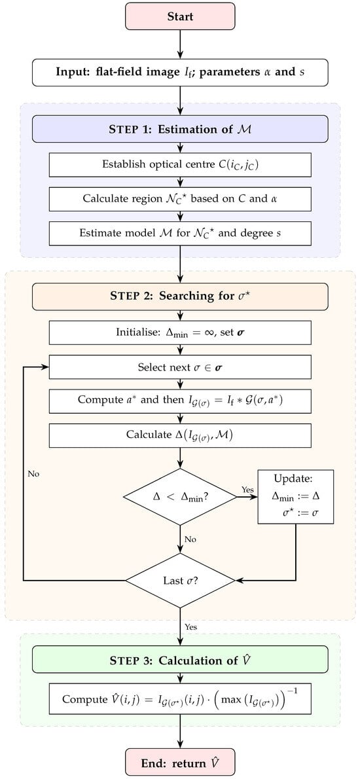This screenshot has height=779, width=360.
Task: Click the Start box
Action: (180, 17)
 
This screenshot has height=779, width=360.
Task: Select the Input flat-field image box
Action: (180, 71)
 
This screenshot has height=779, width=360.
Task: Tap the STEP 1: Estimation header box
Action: (180, 129)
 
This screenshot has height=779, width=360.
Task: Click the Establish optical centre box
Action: (180, 164)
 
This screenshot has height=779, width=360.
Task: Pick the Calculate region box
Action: (180, 199)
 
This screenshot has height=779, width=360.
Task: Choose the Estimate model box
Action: (180, 233)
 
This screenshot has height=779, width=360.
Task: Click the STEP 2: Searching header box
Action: (180, 297)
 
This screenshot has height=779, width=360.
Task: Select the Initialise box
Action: (180, 333)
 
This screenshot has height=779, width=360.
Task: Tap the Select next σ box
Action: (180, 367)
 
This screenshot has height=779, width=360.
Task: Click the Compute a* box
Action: (180, 401)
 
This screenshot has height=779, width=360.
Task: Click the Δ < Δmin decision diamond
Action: (180, 496)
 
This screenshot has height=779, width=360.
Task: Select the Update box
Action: (295, 497)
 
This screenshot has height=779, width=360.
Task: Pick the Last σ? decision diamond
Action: (180, 580)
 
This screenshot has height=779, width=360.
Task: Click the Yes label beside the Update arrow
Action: (247, 490)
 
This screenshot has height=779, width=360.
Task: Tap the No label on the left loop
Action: (33, 473)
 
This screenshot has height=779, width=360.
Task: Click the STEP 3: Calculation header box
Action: (180, 661)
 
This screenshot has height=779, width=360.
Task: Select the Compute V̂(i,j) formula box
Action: (180, 699)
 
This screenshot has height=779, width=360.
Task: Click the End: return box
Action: (180, 763)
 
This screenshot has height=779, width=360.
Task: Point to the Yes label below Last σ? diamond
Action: (190, 627)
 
